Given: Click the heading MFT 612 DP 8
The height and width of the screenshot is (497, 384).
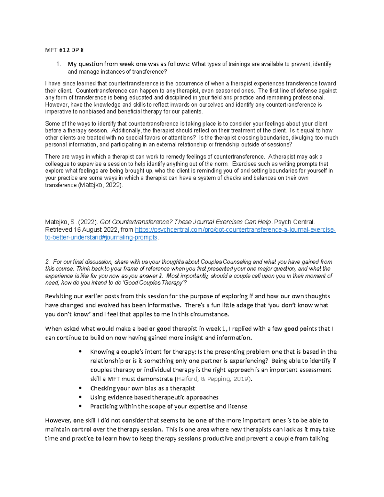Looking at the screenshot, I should point(64,50).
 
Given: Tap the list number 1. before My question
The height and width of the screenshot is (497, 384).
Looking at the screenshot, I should point(58,64).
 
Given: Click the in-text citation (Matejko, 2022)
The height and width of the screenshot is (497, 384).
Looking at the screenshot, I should point(100,185).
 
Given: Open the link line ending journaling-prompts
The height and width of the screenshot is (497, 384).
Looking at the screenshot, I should point(101,237).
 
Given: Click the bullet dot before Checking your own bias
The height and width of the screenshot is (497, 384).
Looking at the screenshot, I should point(80,388).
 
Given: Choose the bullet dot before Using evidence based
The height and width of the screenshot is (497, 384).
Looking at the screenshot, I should point(80,397).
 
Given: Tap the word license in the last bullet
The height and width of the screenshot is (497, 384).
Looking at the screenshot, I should point(237,406).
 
